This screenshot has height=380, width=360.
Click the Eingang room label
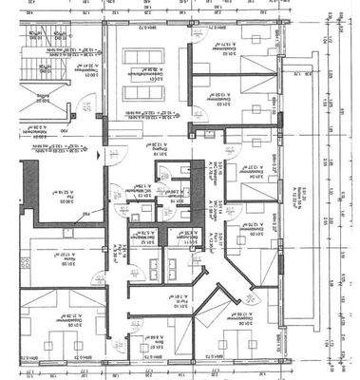(152, 151)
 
